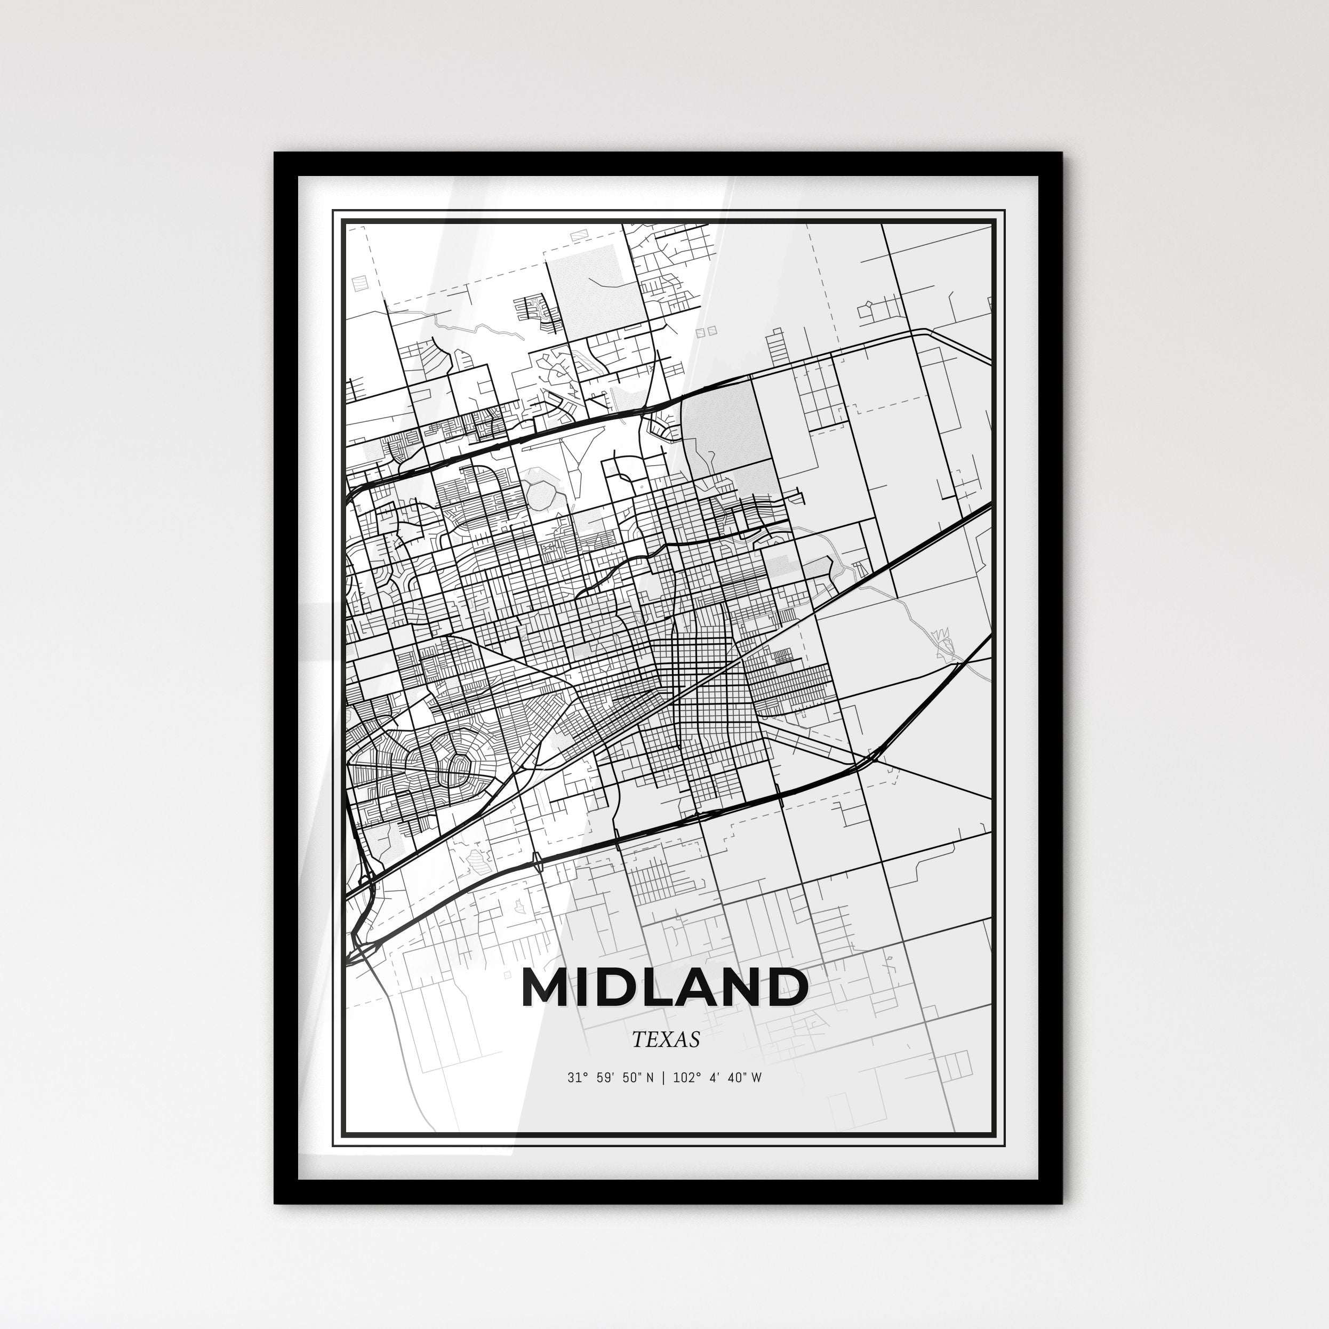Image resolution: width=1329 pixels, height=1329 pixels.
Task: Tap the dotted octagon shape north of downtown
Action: pyautogui.click(x=540, y=493)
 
